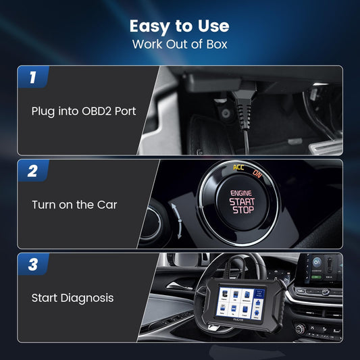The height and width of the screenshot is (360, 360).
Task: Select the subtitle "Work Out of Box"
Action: [180, 45]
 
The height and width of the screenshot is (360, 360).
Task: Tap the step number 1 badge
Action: [32, 77]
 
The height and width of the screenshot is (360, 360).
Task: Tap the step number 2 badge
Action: [32, 171]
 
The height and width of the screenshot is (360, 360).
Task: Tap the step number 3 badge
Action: [32, 264]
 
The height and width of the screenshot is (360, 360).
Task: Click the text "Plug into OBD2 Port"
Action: [84, 111]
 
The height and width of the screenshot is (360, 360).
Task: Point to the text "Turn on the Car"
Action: [74, 205]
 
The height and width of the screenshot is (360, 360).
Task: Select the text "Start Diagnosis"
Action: [73, 297]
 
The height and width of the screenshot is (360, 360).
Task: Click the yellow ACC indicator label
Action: [239, 167]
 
